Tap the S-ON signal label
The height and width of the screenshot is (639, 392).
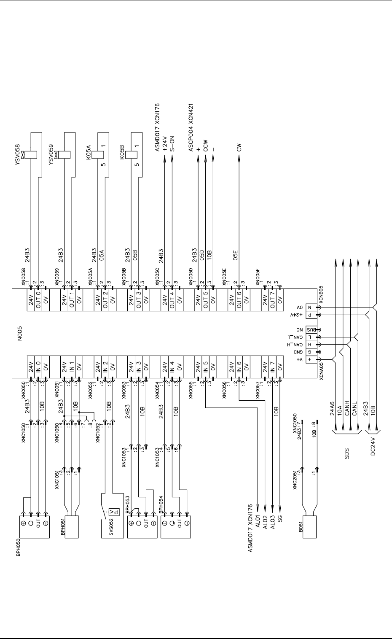coord(172,144)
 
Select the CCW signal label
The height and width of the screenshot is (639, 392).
coord(206,146)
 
